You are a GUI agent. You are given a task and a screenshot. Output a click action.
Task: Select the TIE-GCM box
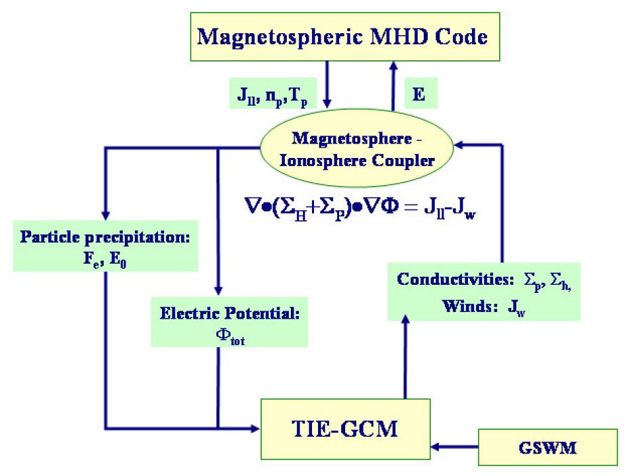pyautogui.click(x=346, y=428)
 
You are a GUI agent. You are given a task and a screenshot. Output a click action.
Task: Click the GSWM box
pyautogui.click(x=547, y=448)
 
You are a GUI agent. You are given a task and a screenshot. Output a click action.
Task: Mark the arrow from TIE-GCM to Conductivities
pyautogui.click(x=405, y=359)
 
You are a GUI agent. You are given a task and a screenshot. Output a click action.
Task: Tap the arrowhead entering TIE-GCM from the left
pyautogui.click(x=256, y=428)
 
